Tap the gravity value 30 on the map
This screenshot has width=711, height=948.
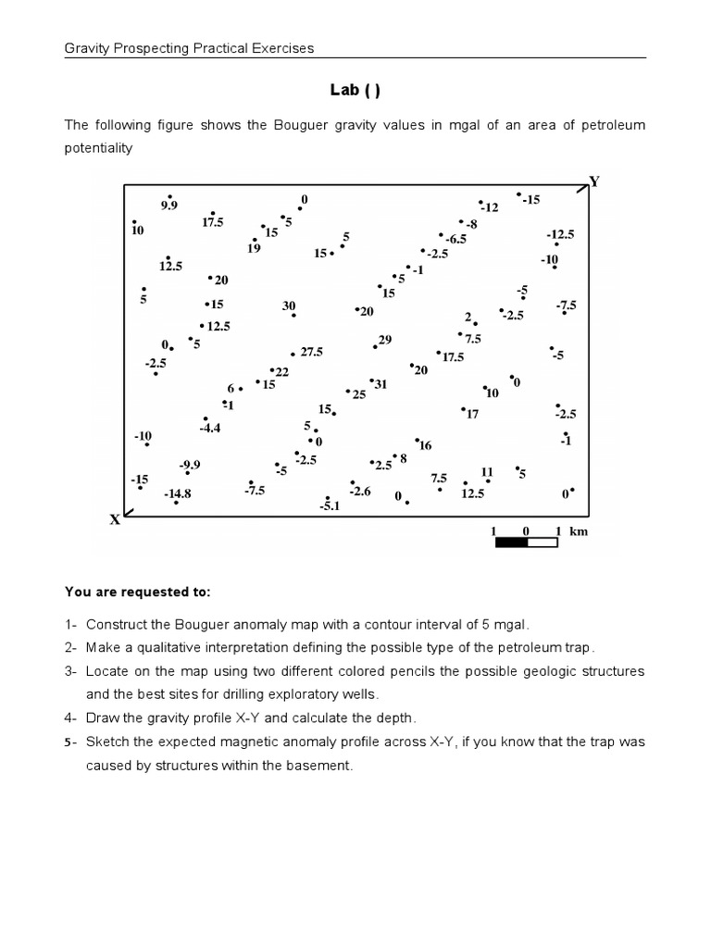tap(289, 306)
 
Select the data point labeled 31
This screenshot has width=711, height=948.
tap(380, 383)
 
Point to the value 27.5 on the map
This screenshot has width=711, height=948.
tap(311, 352)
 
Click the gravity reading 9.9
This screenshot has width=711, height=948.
tap(168, 205)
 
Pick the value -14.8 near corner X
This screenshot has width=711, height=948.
tap(178, 494)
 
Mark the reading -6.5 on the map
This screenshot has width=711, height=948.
tap(455, 238)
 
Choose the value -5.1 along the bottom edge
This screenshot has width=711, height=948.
tap(331, 506)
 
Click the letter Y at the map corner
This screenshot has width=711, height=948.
tap(594, 181)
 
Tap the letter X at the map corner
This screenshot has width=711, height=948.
tap(116, 519)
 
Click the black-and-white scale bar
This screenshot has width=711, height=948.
tap(526, 543)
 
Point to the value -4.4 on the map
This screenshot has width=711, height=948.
tap(210, 428)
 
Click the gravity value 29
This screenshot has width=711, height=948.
tap(385, 340)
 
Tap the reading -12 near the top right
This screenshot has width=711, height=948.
tap(489, 207)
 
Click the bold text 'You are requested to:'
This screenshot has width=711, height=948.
tap(138, 591)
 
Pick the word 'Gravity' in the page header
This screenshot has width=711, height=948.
tap(84, 48)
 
